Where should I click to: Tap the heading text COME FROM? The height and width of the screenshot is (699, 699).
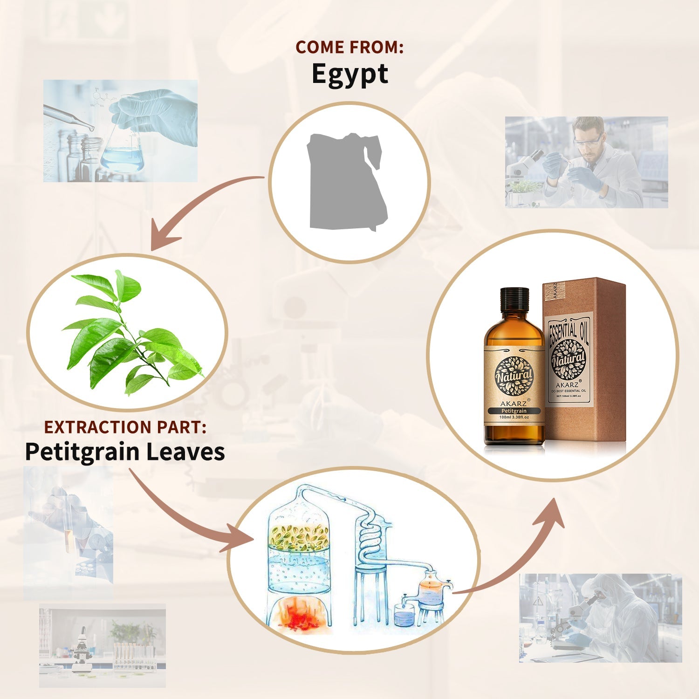[349, 47]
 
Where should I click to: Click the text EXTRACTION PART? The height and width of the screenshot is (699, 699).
[125, 427]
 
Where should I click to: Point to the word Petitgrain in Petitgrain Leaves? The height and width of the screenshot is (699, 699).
[82, 452]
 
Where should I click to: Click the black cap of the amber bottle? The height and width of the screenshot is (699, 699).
[514, 299]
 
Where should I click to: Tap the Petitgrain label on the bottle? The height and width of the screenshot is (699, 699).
[514, 411]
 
